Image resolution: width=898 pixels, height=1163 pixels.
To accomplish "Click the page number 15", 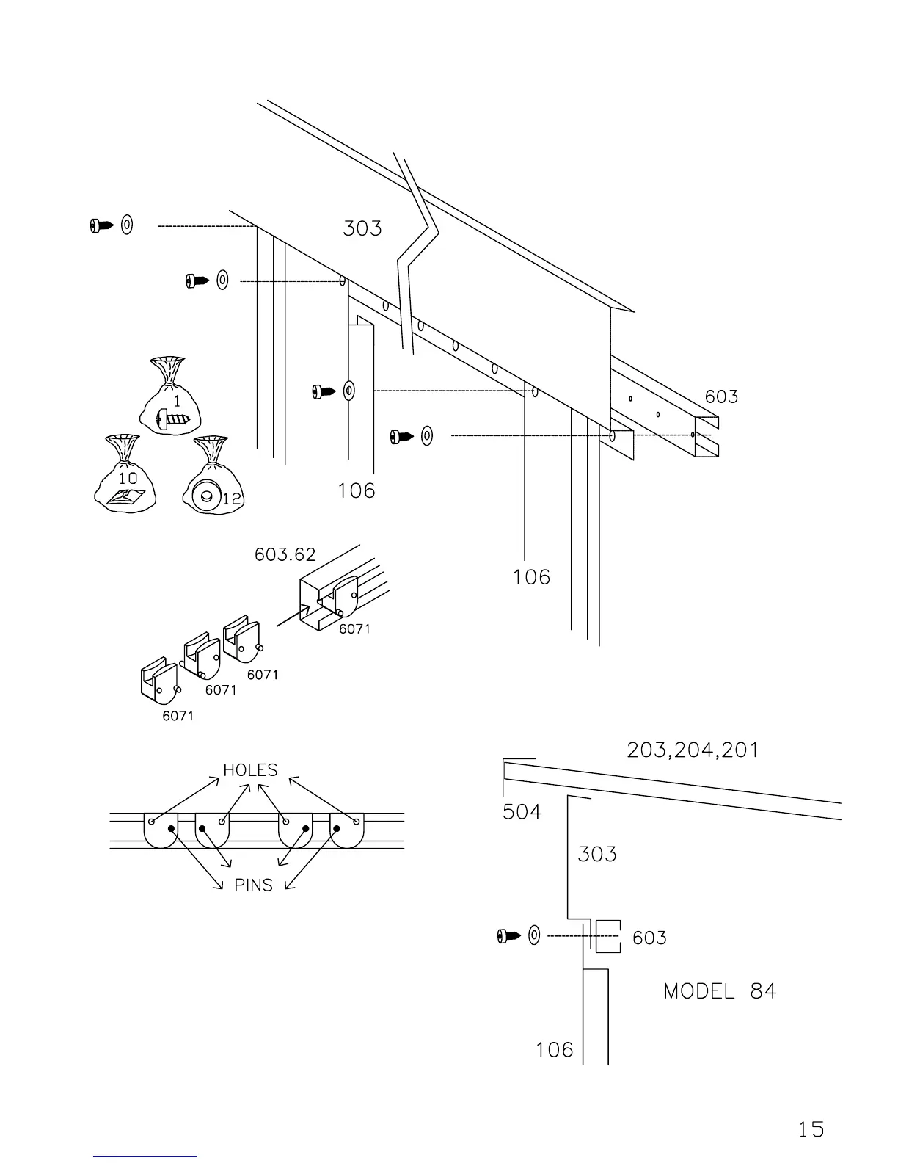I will [x=811, y=1128].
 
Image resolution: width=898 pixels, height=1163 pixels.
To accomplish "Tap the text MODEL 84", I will [x=719, y=991].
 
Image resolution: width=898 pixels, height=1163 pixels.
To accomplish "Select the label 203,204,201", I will [x=693, y=750].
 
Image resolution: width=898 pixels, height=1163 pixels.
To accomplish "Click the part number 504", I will [x=522, y=812].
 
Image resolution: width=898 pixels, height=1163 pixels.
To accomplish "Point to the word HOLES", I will [x=250, y=770].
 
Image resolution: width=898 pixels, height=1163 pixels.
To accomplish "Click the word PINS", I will [x=253, y=885].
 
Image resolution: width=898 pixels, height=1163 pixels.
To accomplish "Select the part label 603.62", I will [x=285, y=554].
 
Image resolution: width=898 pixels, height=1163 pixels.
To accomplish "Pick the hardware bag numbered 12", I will [x=213, y=477].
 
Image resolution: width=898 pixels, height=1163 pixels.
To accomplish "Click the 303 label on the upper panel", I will [x=362, y=228].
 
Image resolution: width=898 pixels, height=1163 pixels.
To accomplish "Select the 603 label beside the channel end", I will [x=721, y=397].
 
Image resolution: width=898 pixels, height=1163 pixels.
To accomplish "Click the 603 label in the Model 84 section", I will [x=649, y=938].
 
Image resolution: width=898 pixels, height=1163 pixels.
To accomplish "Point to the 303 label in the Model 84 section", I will [x=596, y=854].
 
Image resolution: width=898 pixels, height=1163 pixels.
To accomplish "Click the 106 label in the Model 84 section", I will [x=554, y=1050].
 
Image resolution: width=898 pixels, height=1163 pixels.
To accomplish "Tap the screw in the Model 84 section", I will [x=508, y=936].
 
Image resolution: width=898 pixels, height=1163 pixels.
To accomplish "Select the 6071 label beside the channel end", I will [x=354, y=629].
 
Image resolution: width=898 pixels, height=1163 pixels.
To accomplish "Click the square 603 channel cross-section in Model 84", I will [x=607, y=936].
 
